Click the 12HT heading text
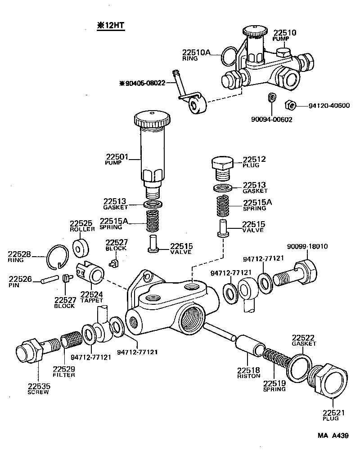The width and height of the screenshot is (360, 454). click(x=110, y=26)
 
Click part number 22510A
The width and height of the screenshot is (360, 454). click(x=196, y=52)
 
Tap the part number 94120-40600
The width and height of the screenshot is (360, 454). click(x=329, y=106)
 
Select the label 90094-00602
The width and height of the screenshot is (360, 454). click(x=272, y=120)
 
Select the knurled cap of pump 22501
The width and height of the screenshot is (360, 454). click(x=152, y=120)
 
